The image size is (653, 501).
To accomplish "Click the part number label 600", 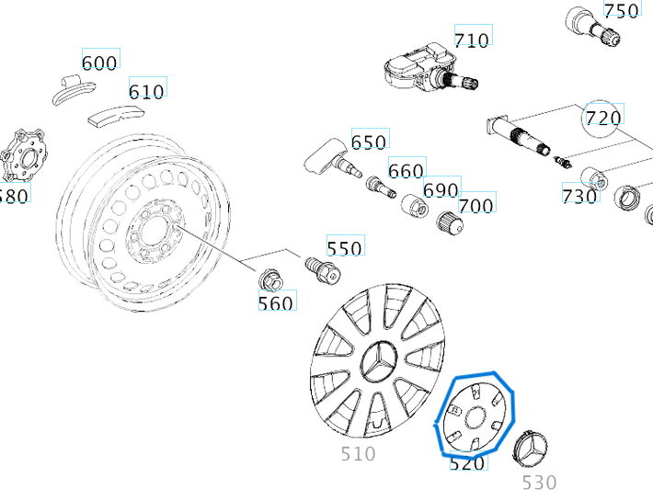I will (100, 62).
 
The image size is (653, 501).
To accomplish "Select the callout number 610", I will (147, 90).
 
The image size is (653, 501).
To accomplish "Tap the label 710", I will (472, 40).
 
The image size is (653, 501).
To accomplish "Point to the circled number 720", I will (603, 117).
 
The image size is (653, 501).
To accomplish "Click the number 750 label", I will (621, 10).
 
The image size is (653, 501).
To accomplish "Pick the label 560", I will (276, 302).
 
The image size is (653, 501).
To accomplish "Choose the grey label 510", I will (358, 453).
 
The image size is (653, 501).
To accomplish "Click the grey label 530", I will (539, 482).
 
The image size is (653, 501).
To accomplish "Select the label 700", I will (475, 205).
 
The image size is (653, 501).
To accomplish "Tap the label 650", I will (369, 142).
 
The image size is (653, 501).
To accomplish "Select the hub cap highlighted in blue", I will (475, 416).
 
